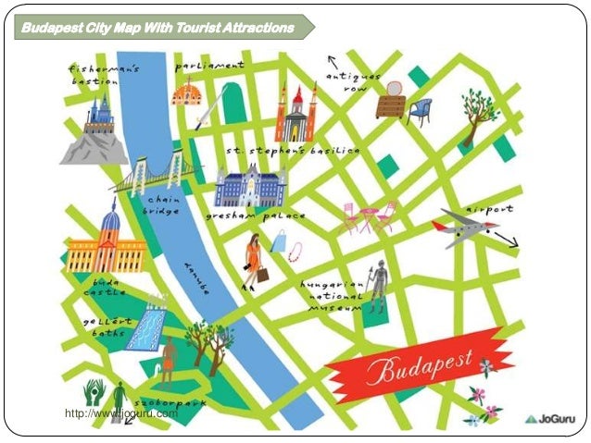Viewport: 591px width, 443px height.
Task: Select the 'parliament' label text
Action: tap(214, 67)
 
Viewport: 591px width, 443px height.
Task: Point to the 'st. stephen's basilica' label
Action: tap(292, 150)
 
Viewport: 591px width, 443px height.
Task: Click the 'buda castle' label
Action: tap(105, 285)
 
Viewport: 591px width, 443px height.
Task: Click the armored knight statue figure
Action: tap(377, 287)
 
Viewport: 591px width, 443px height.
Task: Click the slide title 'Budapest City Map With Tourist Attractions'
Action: tap(157, 28)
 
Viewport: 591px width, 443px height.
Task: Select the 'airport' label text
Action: tap(489, 209)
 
